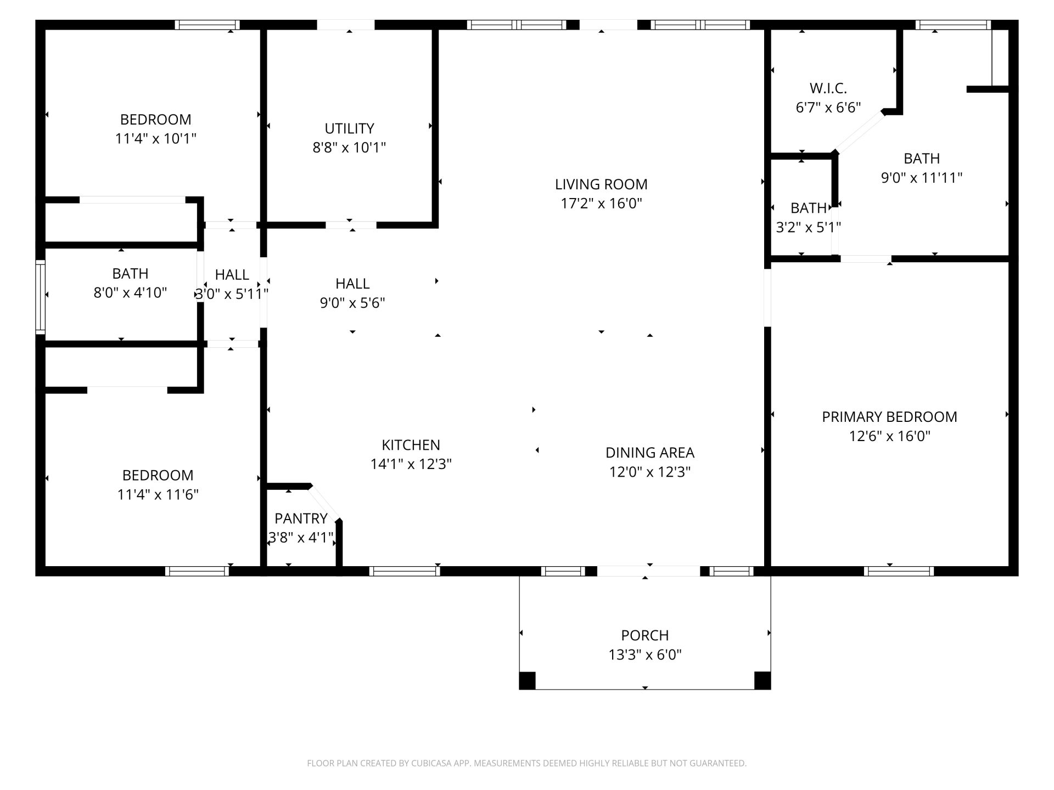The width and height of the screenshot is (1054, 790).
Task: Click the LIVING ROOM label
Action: pyautogui.click(x=601, y=184)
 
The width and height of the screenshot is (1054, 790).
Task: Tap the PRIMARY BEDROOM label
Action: pyautogui.click(x=889, y=417)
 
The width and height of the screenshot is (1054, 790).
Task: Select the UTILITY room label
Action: pyautogui.click(x=349, y=128)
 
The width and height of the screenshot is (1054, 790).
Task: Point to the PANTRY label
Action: pyautogui.click(x=301, y=518)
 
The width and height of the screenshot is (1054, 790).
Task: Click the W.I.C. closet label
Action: pyautogui.click(x=828, y=88)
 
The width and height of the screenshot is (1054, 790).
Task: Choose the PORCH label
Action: pyautogui.click(x=645, y=635)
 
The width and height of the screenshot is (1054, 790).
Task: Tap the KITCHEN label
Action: pyautogui.click(x=411, y=445)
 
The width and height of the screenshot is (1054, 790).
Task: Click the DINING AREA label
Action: pyautogui.click(x=650, y=453)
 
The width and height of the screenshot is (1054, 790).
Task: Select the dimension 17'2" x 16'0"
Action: pyautogui.click(x=601, y=204)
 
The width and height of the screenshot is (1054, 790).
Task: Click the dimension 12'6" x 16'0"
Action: pyautogui.click(x=890, y=436)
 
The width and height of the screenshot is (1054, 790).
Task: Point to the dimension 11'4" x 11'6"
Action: pyautogui.click(x=158, y=494)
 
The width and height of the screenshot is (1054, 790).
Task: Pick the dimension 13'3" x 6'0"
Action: pyautogui.click(x=645, y=654)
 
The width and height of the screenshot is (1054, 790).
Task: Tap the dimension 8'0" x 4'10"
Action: pyautogui.click(x=130, y=292)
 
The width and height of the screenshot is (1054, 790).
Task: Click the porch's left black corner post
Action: pyautogui.click(x=527, y=680)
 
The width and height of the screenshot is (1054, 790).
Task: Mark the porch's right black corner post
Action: pyautogui.click(x=763, y=680)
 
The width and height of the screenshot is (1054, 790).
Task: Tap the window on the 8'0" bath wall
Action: pyautogui.click(x=40, y=296)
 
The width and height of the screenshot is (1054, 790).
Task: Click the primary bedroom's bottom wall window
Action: pyautogui.click(x=899, y=571)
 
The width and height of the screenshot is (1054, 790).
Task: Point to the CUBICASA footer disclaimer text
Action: pyautogui.click(x=526, y=763)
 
